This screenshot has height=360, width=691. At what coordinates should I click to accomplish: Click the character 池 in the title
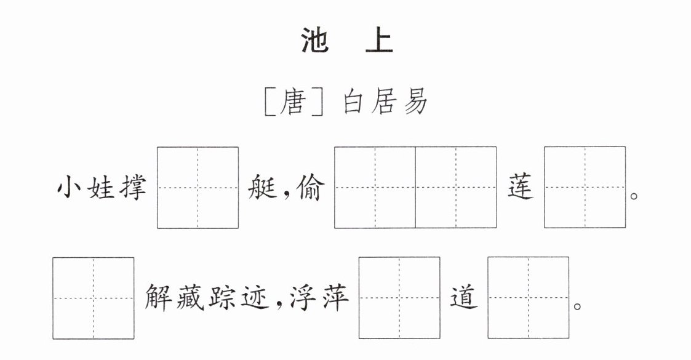(314, 41)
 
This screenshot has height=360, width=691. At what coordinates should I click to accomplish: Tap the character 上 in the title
(379, 41)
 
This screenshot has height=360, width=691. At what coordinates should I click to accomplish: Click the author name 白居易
(385, 102)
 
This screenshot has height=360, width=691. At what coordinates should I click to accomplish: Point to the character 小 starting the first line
(70, 188)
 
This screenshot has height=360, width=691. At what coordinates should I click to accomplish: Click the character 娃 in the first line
(101, 188)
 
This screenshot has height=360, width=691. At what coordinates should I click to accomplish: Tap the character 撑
(132, 188)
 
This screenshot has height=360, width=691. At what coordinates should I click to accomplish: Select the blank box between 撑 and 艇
(198, 188)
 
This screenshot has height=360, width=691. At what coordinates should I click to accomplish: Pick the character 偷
(311, 188)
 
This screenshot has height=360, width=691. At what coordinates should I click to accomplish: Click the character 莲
(521, 188)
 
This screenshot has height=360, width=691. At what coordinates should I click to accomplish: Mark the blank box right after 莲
(585, 187)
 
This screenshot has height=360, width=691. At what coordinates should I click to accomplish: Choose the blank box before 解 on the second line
(94, 298)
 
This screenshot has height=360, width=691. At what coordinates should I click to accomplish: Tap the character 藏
(190, 298)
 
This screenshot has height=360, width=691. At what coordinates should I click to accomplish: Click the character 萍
(335, 298)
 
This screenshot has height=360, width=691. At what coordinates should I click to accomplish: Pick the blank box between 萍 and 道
(399, 298)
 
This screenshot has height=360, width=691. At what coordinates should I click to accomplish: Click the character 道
(464, 298)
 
